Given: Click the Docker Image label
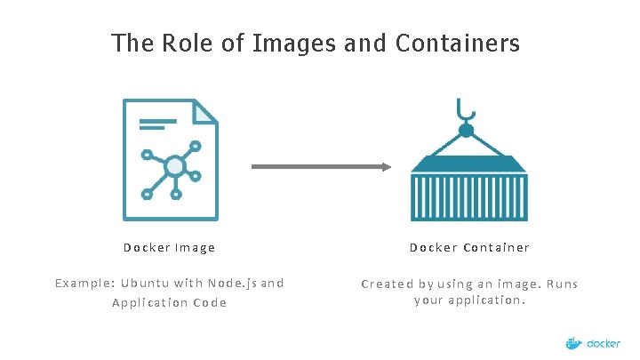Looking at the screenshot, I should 169,248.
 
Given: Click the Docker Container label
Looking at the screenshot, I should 469,248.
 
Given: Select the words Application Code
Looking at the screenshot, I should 169,303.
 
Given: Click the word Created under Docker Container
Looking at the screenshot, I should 387,284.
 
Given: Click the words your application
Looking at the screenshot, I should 469,300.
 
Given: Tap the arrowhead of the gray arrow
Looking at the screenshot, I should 385,166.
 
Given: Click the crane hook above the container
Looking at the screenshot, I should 466,110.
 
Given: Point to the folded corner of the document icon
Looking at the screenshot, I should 206,110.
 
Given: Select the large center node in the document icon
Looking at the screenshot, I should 175,166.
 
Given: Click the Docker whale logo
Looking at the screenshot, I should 574,342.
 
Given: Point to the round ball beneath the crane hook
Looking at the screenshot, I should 466,131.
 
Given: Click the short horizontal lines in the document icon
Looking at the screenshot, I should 157,122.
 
